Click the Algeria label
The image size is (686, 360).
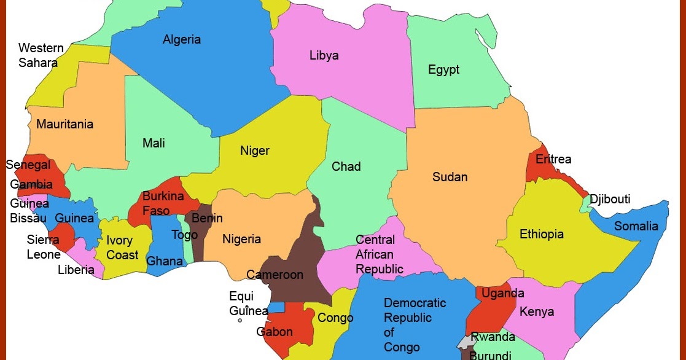(182, 40)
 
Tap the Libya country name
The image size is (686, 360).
(324, 56)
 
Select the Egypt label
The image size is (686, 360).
(443, 70)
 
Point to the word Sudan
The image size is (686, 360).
(450, 178)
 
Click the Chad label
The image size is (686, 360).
(346, 166)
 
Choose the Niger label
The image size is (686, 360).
(255, 151)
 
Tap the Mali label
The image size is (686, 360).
(154, 144)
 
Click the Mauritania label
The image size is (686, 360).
(64, 125)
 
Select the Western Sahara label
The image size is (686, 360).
(41, 55)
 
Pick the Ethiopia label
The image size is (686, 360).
(542, 234)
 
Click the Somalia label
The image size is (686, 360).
(636, 226)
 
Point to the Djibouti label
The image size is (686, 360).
(610, 200)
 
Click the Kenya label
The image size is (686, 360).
(537, 311)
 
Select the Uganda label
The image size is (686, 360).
(502, 294)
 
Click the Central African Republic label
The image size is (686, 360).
(380, 254)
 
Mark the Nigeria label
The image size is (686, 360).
(241, 240)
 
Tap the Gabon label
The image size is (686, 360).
(275, 332)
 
